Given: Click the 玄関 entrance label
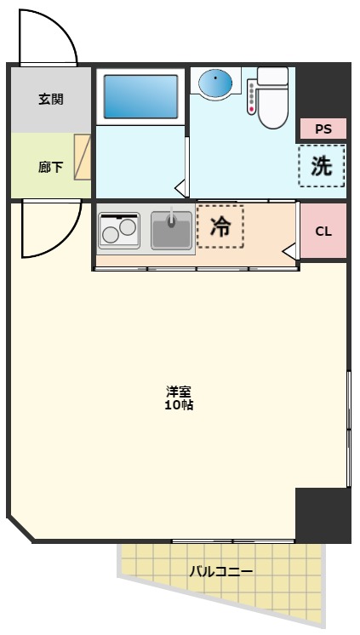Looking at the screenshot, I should pos(50,99).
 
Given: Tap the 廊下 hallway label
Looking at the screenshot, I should pos(50,167).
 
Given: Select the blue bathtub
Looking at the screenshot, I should pos(140,96).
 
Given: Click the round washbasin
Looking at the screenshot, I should pos(216,83).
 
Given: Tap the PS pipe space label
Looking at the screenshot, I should pos(323,129).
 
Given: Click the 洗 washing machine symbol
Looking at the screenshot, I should pos(322,166).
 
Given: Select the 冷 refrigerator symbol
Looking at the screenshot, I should pos(220,226).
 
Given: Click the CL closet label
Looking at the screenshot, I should pos(323,232).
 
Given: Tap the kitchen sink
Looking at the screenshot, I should pos(172,230).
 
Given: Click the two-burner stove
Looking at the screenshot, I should pos(120,231).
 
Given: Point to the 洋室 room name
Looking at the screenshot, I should pos(179,392).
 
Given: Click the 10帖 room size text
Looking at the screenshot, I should pos(179,405).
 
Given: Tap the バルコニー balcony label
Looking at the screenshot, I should pos(221,572).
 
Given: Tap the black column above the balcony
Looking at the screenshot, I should pos(322,514).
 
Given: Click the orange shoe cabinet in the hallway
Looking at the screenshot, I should pos(83,157).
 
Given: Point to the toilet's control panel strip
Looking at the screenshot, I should pos(252,96).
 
